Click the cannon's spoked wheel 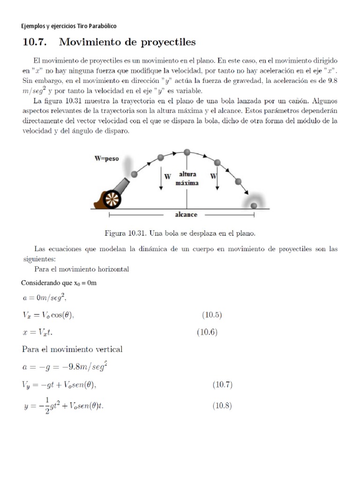pyautogui.click(x=112, y=199)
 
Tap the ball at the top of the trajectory pyautogui.click(x=187, y=152)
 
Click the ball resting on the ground pyautogui.click(x=254, y=205)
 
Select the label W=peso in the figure pyautogui.click(x=107, y=159)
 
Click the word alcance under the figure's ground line pyautogui.click(x=186, y=215)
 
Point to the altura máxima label pyautogui.click(x=187, y=179)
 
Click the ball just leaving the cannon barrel pyautogui.click(x=135, y=174)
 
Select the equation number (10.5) pyautogui.click(x=212, y=315)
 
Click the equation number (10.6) pyautogui.click(x=206, y=333)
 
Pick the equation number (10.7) pyautogui.click(x=223, y=385)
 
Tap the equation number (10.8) pyautogui.click(x=222, y=406)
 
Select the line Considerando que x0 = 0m pyautogui.click(x=59, y=283)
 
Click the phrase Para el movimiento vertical pyautogui.click(x=73, y=349)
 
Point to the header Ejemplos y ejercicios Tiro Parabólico pyautogui.click(x=69, y=26)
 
